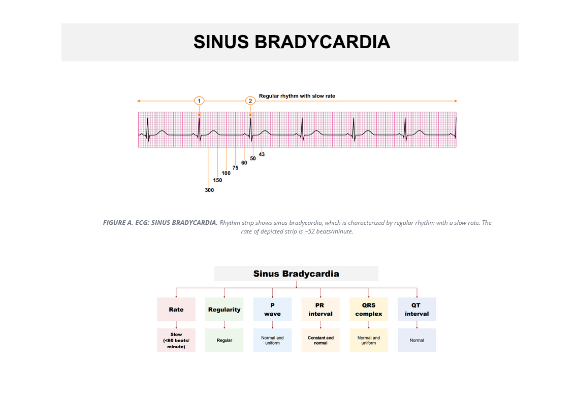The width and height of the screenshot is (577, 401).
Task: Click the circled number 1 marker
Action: pos(199,101)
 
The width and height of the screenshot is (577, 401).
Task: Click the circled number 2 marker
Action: pos(250,101)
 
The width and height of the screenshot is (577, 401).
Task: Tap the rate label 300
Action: pos(209,190)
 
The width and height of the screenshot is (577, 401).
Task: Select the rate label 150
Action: pos(217,180)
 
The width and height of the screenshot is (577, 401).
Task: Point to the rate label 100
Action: pos(226,173)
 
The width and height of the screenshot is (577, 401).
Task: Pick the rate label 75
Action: pos(235,168)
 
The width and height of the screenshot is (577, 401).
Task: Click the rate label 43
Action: pos(262,154)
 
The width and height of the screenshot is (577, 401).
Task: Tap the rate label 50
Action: pos(253,158)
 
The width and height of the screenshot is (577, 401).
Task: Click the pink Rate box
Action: pos(176,310)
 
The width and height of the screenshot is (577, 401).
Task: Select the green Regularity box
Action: pos(224,310)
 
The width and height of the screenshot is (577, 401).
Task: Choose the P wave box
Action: pos(272,310)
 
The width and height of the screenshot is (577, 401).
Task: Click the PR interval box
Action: pos(320,310)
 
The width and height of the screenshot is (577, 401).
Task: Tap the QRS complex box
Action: pos(369,310)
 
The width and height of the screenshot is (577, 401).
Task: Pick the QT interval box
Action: pos(417,310)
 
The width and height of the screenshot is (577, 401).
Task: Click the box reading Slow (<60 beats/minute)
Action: pos(176,340)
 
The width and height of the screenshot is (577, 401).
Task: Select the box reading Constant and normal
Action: pos(320,340)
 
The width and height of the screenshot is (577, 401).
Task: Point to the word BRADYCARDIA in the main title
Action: pos(322,42)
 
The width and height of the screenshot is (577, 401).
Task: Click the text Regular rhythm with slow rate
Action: pos(297,96)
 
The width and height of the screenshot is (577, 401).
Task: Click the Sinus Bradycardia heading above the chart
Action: pos(296,274)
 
